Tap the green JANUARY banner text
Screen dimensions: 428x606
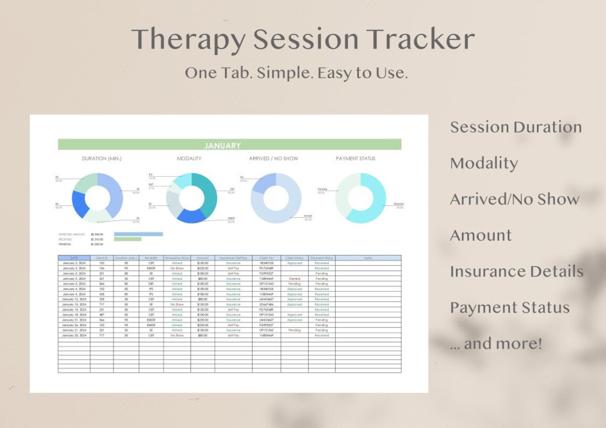222,145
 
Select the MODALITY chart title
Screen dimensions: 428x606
189,158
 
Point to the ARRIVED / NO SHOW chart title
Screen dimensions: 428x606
273,158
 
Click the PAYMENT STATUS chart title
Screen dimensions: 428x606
355,158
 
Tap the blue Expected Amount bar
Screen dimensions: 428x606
138,234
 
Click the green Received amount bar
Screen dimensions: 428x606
128,239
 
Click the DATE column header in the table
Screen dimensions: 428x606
74,258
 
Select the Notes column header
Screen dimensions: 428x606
368,258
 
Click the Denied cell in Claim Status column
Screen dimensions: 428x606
294,278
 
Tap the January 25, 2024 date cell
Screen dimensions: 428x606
74,336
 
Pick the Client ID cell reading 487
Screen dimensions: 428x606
102,315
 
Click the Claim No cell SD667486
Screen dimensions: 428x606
266,304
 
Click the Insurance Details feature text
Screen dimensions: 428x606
516,271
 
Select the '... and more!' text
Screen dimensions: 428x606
495,344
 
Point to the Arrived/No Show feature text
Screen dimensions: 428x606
514,199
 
